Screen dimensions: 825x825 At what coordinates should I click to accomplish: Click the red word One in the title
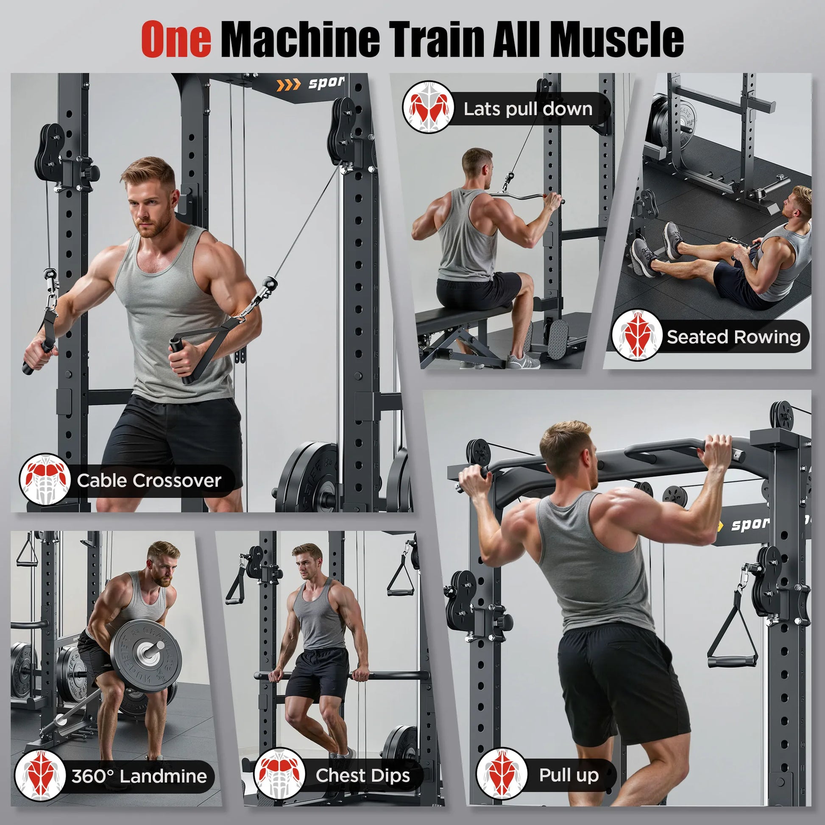pos(176,39)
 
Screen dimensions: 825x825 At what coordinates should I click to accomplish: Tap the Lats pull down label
pos(528,109)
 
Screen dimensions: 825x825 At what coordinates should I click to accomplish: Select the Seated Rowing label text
pos(733,337)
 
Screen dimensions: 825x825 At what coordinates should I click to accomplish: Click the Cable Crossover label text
pos(149,481)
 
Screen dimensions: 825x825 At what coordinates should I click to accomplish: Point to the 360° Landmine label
pos(139,776)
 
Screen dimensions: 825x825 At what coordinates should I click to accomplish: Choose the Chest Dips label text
pos(362,775)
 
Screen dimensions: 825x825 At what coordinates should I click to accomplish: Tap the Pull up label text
pos(569,775)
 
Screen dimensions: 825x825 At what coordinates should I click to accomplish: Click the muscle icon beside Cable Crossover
pos(45,479)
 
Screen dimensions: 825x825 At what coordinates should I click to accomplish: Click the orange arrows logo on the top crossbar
pos(288,85)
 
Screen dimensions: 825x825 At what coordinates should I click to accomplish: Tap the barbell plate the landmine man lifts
pos(145,656)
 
